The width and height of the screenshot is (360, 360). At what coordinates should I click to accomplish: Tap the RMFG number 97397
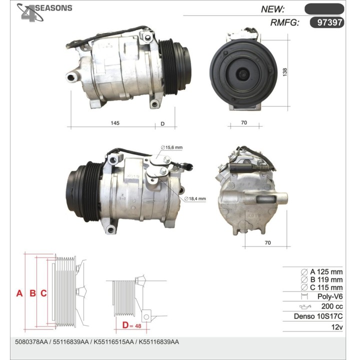click(329, 22)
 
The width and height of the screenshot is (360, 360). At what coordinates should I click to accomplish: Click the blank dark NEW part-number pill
click(324, 9)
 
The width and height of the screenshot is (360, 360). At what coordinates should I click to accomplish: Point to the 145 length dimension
click(115, 123)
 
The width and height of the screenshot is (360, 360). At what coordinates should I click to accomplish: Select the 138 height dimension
click(284, 72)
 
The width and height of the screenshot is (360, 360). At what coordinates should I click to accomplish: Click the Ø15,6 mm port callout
click(171, 147)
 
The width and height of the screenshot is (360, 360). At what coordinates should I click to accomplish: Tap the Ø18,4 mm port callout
click(195, 198)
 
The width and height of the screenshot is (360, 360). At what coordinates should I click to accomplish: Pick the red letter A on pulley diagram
click(19, 293)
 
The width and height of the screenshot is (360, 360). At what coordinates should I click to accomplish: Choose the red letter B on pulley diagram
click(33, 293)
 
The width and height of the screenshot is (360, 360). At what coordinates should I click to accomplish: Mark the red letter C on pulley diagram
click(43, 293)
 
